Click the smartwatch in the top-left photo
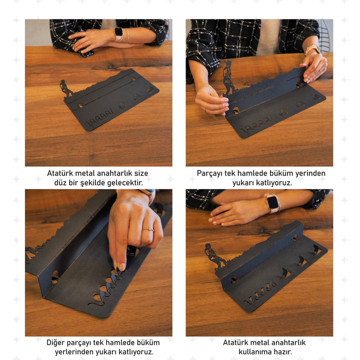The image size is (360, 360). click(x=118, y=34)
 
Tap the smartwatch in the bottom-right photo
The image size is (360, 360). click(x=273, y=203)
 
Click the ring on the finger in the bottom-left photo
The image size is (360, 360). click(x=148, y=229)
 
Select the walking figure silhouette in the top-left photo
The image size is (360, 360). click(x=66, y=89)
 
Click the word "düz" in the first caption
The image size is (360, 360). click(x=60, y=183)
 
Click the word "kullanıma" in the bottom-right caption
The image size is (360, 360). click(x=255, y=351)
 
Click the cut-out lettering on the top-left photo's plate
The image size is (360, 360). click(x=99, y=118)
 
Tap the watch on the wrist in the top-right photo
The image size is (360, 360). click(x=312, y=49)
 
